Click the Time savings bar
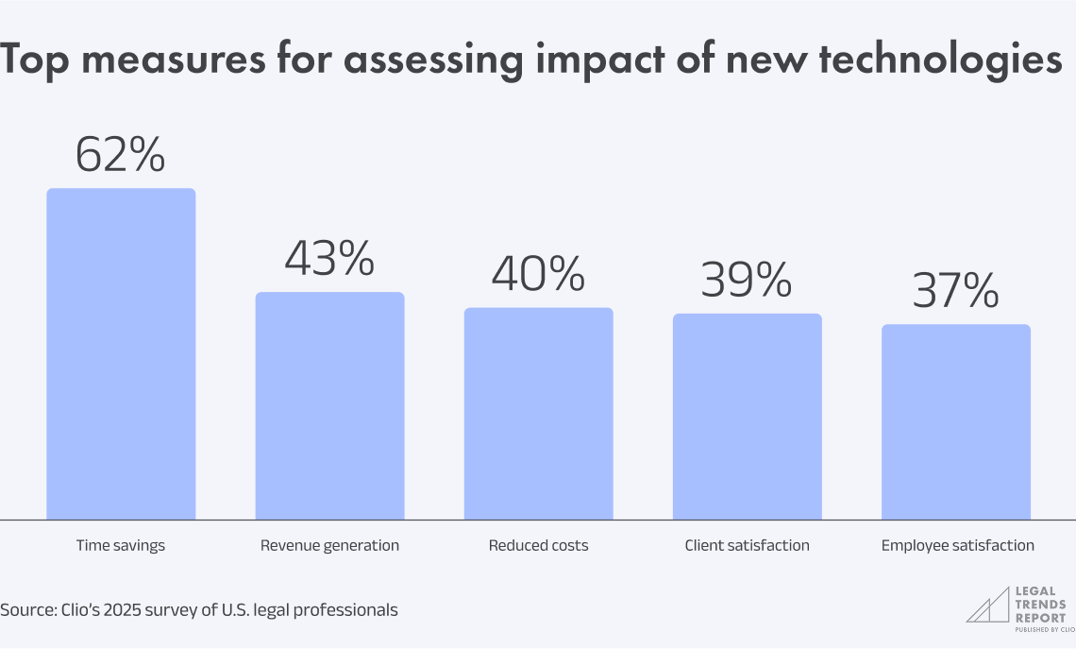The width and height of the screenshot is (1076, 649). pos(121,354)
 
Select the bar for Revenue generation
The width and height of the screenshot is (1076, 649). pos(330,406)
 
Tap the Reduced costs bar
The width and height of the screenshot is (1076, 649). pos(538,414)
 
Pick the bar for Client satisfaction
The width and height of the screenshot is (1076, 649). pos(747,417)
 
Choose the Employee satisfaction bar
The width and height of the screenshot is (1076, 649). pos(956,422)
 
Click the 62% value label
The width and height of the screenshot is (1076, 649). pos(121,155)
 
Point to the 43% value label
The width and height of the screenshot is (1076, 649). pos(330,259)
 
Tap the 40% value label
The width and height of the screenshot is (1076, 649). pos(538,274)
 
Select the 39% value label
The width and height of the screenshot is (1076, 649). pos(747,280)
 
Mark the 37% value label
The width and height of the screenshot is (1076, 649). pos(956,291)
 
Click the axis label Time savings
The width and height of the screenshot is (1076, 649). pos(121,546)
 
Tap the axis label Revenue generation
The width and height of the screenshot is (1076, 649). pos(330,546)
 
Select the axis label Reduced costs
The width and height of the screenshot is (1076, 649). pos(538,546)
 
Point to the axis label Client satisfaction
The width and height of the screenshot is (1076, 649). pos(747,546)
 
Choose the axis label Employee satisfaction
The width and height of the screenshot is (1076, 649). pos(957,546)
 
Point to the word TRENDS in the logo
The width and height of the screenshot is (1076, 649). pos(1041,605)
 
